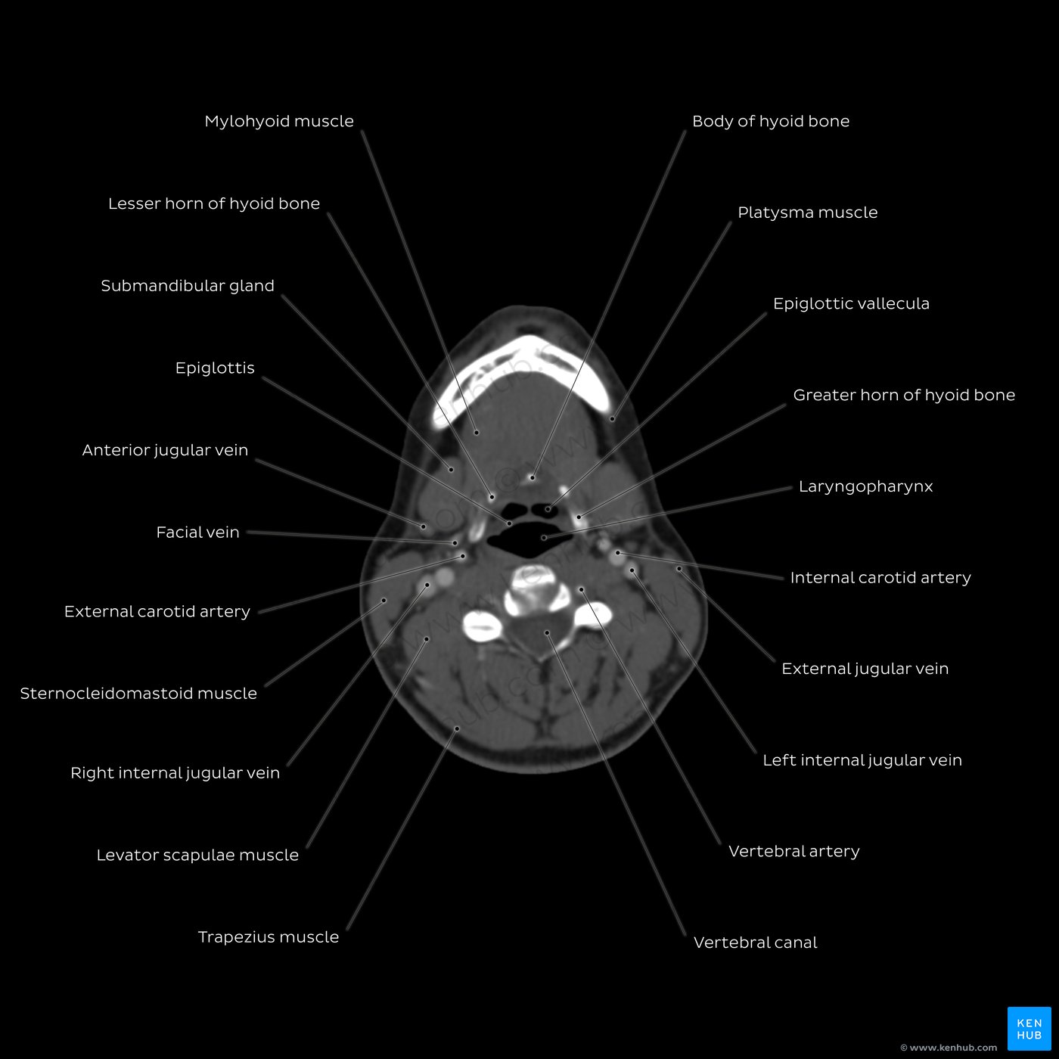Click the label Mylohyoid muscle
pos(279,122)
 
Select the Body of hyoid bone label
pos(771,122)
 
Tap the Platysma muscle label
pos(807,213)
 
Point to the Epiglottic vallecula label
pos(851,304)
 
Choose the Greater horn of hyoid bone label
pos(904,395)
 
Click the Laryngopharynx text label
pos(865,487)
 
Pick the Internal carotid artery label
pos(880,578)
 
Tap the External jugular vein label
pos(865,669)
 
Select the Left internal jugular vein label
pos(862,760)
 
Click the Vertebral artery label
pos(794,851)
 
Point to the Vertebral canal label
pos(755,943)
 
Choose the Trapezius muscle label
pos(269,937)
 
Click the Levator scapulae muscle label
pos(198,855)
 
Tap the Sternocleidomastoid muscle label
pos(138,694)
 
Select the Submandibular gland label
pos(188,286)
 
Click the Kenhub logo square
pos(1029,1029)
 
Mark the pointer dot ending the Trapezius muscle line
pos(457,729)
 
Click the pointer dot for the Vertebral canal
pos(547,633)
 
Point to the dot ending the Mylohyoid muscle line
pos(477,433)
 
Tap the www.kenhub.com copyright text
pos(949,1048)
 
